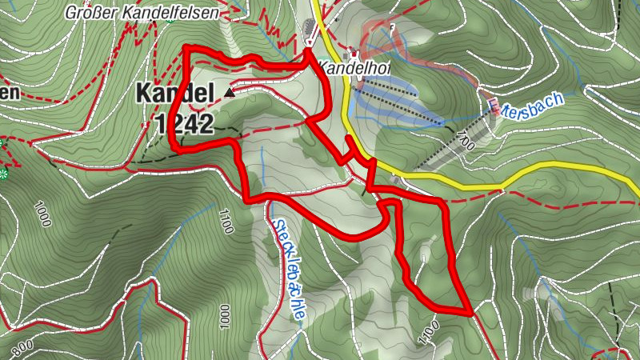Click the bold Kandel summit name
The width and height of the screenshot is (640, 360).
[x=174, y=94]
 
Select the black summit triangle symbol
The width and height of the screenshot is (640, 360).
[x=230, y=93]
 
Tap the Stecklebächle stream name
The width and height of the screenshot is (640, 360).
[x=287, y=260]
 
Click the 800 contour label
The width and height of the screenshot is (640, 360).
[x=22, y=347]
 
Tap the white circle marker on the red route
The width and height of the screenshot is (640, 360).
[x=309, y=42]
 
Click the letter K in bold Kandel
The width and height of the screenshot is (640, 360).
[x=144, y=94]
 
